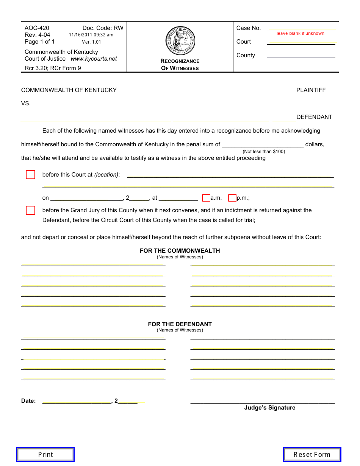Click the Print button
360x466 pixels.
point(45,454)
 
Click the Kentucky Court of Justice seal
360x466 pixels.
point(180,41)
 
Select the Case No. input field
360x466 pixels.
point(301,28)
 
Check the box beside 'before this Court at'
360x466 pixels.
point(30,175)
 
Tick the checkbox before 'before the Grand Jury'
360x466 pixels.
point(30,210)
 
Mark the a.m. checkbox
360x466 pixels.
point(206,198)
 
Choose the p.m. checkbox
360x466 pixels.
point(232,198)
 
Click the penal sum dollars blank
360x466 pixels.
point(262,144)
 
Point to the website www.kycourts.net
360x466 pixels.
point(94,59)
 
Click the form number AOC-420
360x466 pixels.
point(37,28)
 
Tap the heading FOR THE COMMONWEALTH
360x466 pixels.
point(180,251)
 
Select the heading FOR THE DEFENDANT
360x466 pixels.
point(180,324)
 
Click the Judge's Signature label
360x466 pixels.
point(269,408)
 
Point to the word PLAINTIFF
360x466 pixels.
point(311,90)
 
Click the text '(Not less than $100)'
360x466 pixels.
point(264,152)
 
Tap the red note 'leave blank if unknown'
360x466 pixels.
point(301,33)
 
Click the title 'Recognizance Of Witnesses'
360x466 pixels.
point(180,64)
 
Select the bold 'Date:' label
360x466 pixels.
point(28,401)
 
